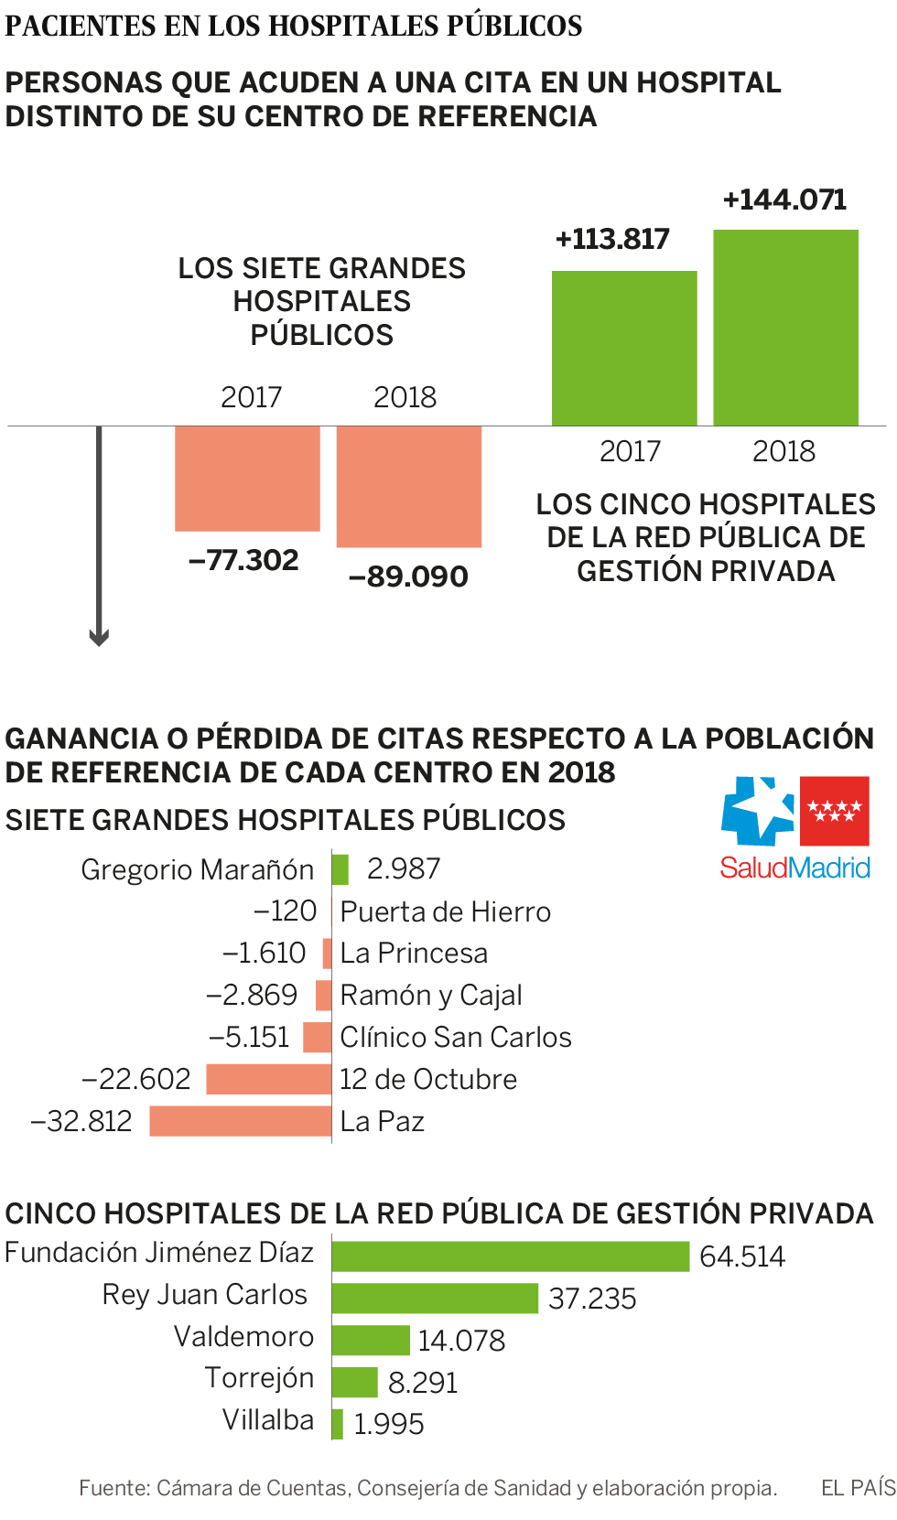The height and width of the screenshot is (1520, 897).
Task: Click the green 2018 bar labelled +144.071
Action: (x=785, y=328)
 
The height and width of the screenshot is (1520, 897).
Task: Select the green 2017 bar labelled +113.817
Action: (x=624, y=348)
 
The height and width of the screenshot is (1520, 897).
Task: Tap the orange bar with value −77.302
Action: (x=247, y=478)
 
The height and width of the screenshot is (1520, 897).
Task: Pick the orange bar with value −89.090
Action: (x=409, y=486)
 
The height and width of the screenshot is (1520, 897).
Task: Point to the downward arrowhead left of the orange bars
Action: (x=99, y=637)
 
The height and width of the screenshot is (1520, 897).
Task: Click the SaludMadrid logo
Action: (x=794, y=827)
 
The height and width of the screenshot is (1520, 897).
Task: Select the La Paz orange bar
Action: (x=240, y=1121)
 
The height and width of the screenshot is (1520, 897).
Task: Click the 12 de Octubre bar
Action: (x=268, y=1079)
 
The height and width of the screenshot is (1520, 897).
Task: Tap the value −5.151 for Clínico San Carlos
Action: (x=249, y=1037)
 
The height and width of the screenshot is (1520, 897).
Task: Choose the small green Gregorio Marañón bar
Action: (x=340, y=868)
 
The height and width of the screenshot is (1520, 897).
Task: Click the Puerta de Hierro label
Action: (x=445, y=911)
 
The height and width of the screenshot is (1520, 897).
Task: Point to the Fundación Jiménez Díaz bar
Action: (x=510, y=1256)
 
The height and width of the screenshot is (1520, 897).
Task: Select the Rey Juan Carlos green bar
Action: (x=435, y=1299)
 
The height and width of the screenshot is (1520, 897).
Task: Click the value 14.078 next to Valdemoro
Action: (x=461, y=1341)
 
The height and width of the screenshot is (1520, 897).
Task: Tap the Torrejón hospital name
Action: (x=259, y=1377)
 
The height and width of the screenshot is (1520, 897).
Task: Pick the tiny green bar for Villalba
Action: (x=338, y=1424)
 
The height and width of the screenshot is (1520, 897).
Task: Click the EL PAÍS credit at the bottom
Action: (x=858, y=1488)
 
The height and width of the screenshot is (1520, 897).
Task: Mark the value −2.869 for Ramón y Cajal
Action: (x=252, y=995)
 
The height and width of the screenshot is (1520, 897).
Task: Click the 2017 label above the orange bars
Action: (x=251, y=397)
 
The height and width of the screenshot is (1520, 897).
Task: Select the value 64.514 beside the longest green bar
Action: (x=741, y=1256)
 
